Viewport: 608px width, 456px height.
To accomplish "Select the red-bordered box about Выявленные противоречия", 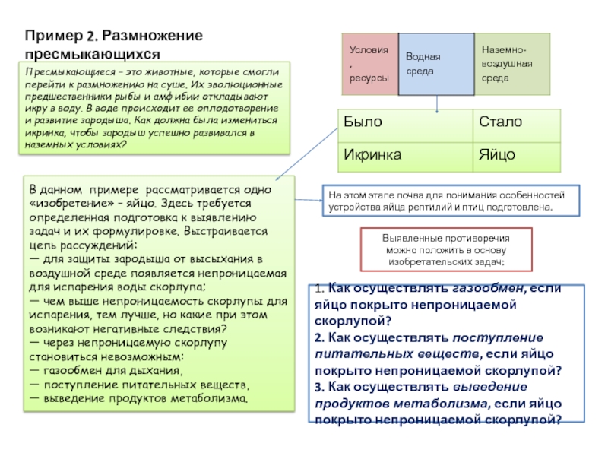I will click(x=445, y=250).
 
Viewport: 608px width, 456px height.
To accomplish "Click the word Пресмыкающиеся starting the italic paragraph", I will click(x=55, y=71).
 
